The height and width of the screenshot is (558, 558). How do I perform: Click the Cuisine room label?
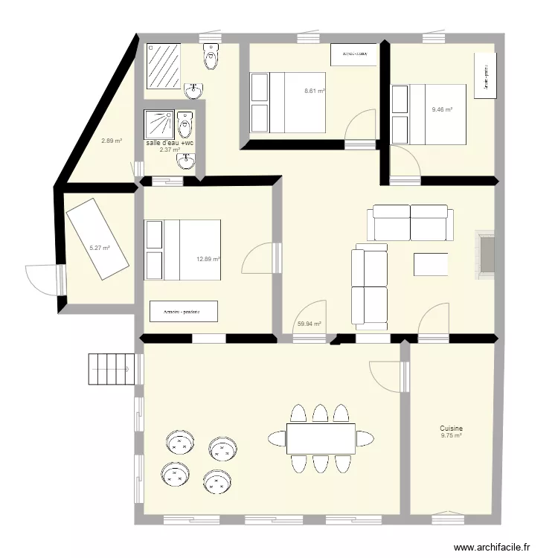click(x=451, y=429)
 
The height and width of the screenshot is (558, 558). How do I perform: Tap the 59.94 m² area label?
click(x=309, y=324)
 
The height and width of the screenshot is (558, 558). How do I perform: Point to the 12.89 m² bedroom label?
click(x=208, y=259)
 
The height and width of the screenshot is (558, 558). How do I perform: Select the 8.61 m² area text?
click(x=315, y=91)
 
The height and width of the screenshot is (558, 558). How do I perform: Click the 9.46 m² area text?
click(x=442, y=109)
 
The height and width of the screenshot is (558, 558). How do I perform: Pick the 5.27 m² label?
click(x=100, y=248)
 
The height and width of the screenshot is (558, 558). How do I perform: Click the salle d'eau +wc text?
click(x=170, y=143)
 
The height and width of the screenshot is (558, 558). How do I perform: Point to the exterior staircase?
click(x=114, y=368)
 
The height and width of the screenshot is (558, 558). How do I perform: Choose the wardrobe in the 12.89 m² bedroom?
click(x=184, y=311)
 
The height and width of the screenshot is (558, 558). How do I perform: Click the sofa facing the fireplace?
click(x=411, y=222)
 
